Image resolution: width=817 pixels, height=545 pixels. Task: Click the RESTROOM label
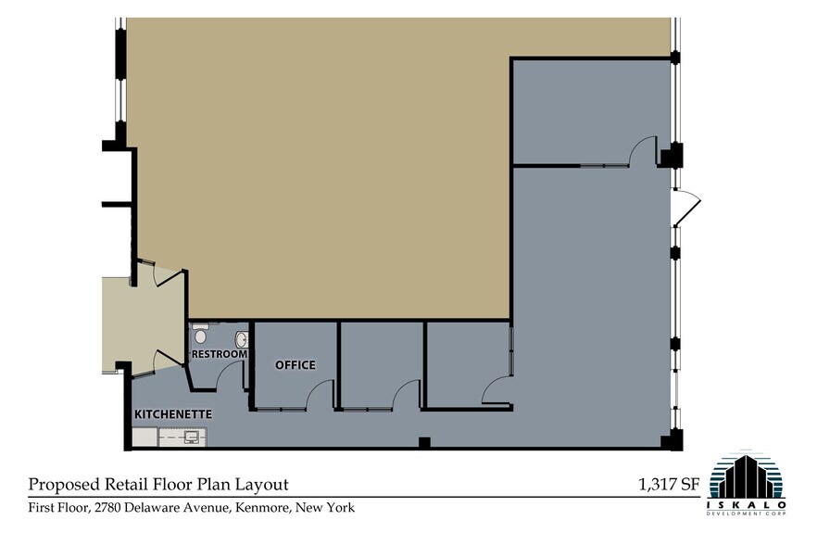click(220, 354)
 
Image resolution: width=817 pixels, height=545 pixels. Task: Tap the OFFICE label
click(295, 365)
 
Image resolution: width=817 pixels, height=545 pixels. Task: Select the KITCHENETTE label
click(173, 413)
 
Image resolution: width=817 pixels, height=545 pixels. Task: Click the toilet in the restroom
click(200, 336)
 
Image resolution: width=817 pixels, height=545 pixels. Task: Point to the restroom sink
click(242, 339)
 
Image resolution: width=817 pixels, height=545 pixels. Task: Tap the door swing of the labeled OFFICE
click(320, 396)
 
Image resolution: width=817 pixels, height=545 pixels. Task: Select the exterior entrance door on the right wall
click(687, 209)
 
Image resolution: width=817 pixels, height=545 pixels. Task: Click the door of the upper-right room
click(643, 152)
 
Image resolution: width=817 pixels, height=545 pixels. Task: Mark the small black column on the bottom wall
click(423, 443)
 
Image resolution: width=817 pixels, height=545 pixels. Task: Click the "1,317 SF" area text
click(669, 484)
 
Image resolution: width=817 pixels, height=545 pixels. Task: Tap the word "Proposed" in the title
click(64, 485)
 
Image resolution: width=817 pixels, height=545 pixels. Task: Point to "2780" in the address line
click(117, 508)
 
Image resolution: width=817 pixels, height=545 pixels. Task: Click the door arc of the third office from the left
click(496, 391)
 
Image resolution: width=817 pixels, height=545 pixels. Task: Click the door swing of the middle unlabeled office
click(408, 396)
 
